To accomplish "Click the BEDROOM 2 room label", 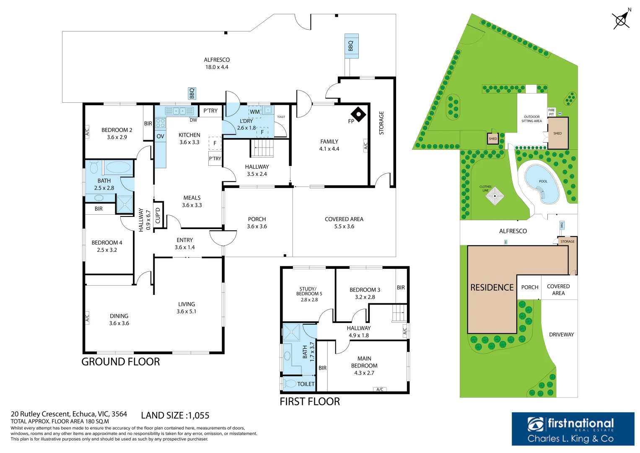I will click(117, 130).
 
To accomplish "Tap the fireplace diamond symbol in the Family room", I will click(358, 114).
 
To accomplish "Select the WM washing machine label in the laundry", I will click(255, 112).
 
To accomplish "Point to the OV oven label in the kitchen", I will click(160, 136).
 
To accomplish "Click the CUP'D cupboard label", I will click(158, 216).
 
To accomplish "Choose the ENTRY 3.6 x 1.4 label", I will click(184, 244).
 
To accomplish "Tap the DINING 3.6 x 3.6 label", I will click(119, 320).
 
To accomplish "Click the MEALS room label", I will click(192, 198).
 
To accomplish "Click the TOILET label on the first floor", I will click(306, 384).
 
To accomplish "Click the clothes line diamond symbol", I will click(495, 196).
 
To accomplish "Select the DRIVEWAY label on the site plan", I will click(561, 335).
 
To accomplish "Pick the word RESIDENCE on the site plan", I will click(492, 288).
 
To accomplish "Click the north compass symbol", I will click(622, 20).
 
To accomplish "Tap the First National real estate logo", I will click(573, 429).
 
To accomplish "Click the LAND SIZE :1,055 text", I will click(175, 416).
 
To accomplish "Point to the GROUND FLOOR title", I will click(121, 362).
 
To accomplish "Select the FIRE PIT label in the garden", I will click(552, 112).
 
